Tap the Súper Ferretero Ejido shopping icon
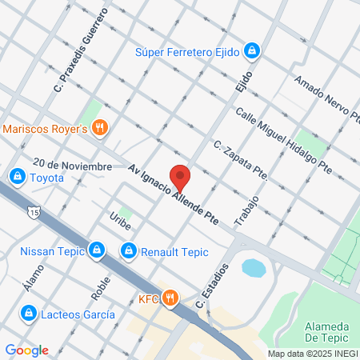pos(252,52)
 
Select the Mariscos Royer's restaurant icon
pos(100,128)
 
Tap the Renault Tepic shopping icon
pos(128,252)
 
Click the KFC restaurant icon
pos(169,298)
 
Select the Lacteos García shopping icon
pos(29,312)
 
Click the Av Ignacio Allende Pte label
pos(173,194)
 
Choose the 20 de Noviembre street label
pos(72,165)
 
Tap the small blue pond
pos(253,267)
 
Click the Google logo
pos(26,350)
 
